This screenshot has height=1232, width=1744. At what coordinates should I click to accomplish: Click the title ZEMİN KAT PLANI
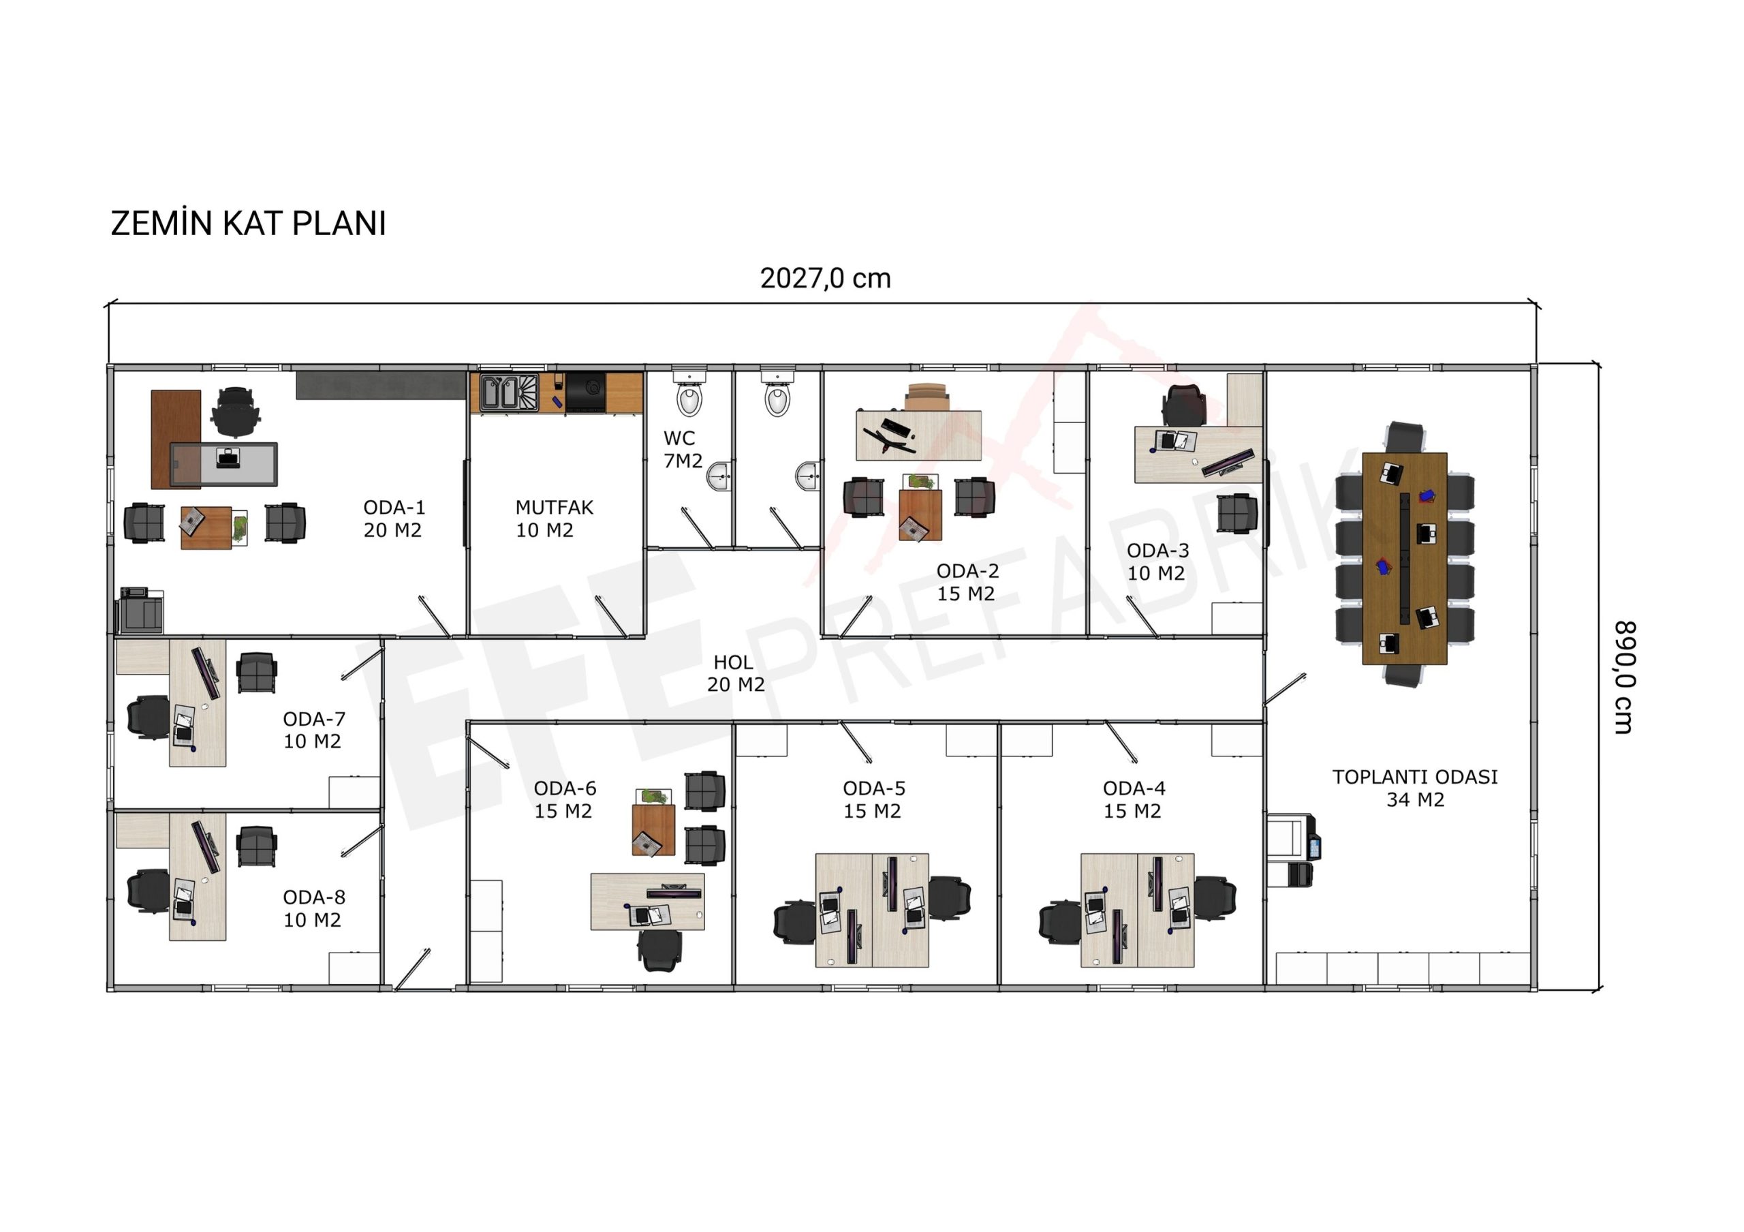(x=249, y=224)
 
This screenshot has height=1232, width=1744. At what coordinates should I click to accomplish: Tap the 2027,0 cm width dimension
(x=825, y=278)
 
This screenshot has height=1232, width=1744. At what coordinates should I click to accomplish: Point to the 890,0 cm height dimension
(x=1623, y=677)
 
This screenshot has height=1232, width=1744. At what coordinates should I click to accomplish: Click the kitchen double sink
(x=509, y=392)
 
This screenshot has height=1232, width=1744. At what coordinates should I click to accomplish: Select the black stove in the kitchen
(x=586, y=392)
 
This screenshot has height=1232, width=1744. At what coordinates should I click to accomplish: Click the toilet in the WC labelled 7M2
(x=689, y=396)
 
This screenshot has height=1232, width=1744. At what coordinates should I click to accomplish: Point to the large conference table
(x=1405, y=558)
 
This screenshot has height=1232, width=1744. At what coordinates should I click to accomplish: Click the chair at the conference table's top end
(x=1405, y=437)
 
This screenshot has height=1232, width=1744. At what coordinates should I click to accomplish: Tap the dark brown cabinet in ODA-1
(x=176, y=439)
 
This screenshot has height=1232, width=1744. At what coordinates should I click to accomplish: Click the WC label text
(x=679, y=438)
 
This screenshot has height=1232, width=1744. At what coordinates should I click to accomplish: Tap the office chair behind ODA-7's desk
(x=149, y=717)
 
